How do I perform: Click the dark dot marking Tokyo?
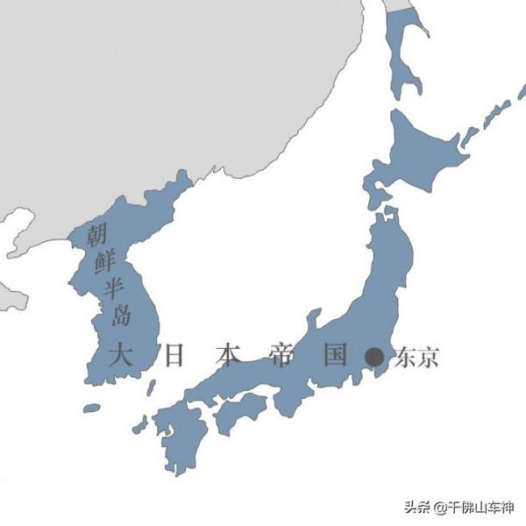tap(374, 357)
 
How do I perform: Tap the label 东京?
tap(416, 357)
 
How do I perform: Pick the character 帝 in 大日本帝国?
tap(281, 356)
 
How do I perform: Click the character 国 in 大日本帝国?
tap(335, 356)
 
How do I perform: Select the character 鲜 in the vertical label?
tap(103, 261)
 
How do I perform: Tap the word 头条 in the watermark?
tap(416, 508)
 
